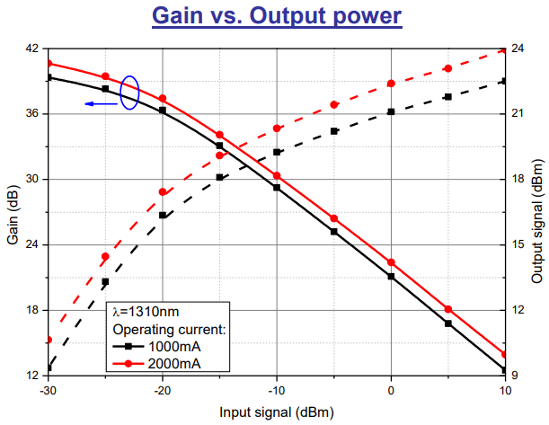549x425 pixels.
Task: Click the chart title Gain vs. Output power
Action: pyautogui.click(x=275, y=15)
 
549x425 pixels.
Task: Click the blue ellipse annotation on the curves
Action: pyautogui.click(x=129, y=92)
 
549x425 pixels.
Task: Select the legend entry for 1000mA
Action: pyautogui.click(x=167, y=346)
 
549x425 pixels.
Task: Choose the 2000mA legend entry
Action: pyautogui.click(x=167, y=363)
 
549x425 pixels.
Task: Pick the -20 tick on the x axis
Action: pyautogui.click(x=163, y=392)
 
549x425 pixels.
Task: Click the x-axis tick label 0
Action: pyautogui.click(x=391, y=392)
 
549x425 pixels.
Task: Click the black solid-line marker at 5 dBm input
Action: pyautogui.click(x=447, y=323)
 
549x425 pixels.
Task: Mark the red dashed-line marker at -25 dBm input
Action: pyautogui.click(x=105, y=257)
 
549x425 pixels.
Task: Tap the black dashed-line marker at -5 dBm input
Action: pyautogui.click(x=334, y=131)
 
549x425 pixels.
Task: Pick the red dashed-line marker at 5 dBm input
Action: pyautogui.click(x=447, y=68)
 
